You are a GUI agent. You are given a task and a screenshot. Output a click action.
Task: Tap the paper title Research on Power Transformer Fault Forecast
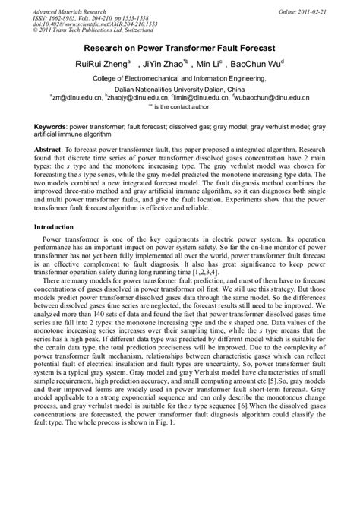[x=179, y=47]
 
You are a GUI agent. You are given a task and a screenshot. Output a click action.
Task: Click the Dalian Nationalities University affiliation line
[x=180, y=88]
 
